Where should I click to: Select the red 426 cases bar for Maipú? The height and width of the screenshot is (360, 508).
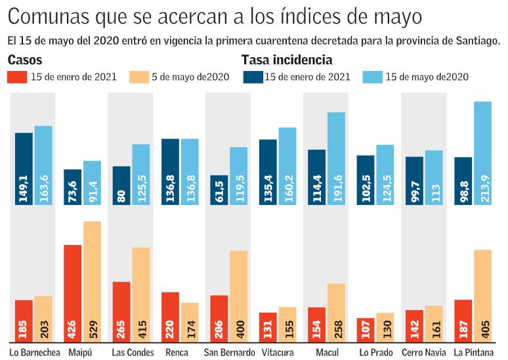click(x=73, y=293)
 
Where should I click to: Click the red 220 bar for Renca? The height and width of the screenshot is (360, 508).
click(x=170, y=317)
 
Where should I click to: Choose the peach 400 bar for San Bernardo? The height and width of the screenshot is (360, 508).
click(x=238, y=296)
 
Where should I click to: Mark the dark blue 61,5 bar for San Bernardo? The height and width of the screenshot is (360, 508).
click(x=219, y=190)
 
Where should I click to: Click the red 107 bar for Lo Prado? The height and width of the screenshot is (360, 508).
click(x=366, y=330)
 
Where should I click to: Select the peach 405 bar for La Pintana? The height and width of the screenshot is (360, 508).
click(x=482, y=296)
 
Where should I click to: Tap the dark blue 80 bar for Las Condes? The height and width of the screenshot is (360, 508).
click(x=121, y=185)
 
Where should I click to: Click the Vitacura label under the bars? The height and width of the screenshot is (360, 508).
click(x=277, y=353)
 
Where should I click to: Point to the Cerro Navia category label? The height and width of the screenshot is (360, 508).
click(x=423, y=353)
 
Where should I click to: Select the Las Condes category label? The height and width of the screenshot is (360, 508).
click(x=132, y=353)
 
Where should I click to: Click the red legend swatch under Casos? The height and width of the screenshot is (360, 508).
click(x=17, y=77)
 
